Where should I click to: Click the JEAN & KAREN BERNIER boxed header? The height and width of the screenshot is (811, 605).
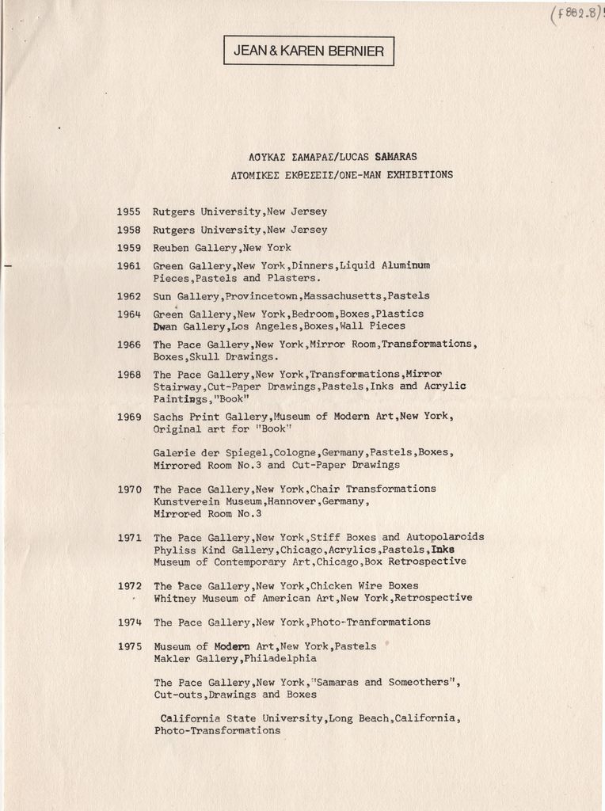click(x=309, y=51)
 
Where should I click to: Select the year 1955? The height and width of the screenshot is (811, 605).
click(x=128, y=212)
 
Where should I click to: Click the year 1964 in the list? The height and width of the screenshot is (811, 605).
click(x=128, y=314)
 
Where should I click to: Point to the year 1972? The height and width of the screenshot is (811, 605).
click(x=129, y=586)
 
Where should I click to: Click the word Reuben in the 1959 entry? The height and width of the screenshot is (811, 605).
click(x=171, y=248)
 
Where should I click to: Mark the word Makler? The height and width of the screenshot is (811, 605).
click(x=173, y=659)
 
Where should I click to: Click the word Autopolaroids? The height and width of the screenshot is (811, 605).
click(x=446, y=537)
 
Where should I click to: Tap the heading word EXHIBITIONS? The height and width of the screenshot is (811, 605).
click(x=420, y=175)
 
